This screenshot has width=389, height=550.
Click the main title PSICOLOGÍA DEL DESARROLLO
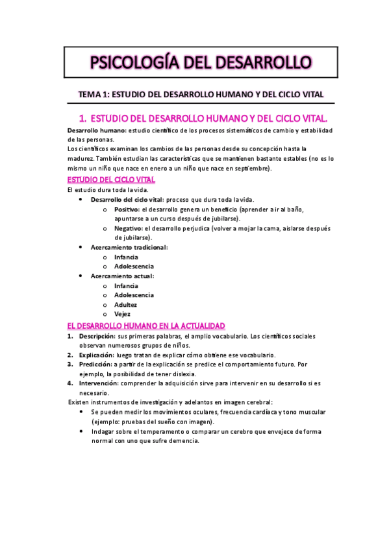tap(201, 62)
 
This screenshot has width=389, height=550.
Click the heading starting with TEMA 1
tap(201, 94)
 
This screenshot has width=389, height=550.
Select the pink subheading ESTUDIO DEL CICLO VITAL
tap(110, 180)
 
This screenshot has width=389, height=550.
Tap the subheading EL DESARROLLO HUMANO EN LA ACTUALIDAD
tap(146, 325)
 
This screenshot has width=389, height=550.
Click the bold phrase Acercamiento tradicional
tap(129, 247)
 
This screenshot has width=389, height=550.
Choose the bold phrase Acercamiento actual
tap(122, 276)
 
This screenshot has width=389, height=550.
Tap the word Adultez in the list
tap(125, 304)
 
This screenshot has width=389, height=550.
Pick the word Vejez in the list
tap(123, 314)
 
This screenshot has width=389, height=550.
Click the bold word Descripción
tap(97, 336)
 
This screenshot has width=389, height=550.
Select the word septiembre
tap(249, 169)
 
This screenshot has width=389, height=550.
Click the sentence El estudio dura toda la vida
tap(108, 190)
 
